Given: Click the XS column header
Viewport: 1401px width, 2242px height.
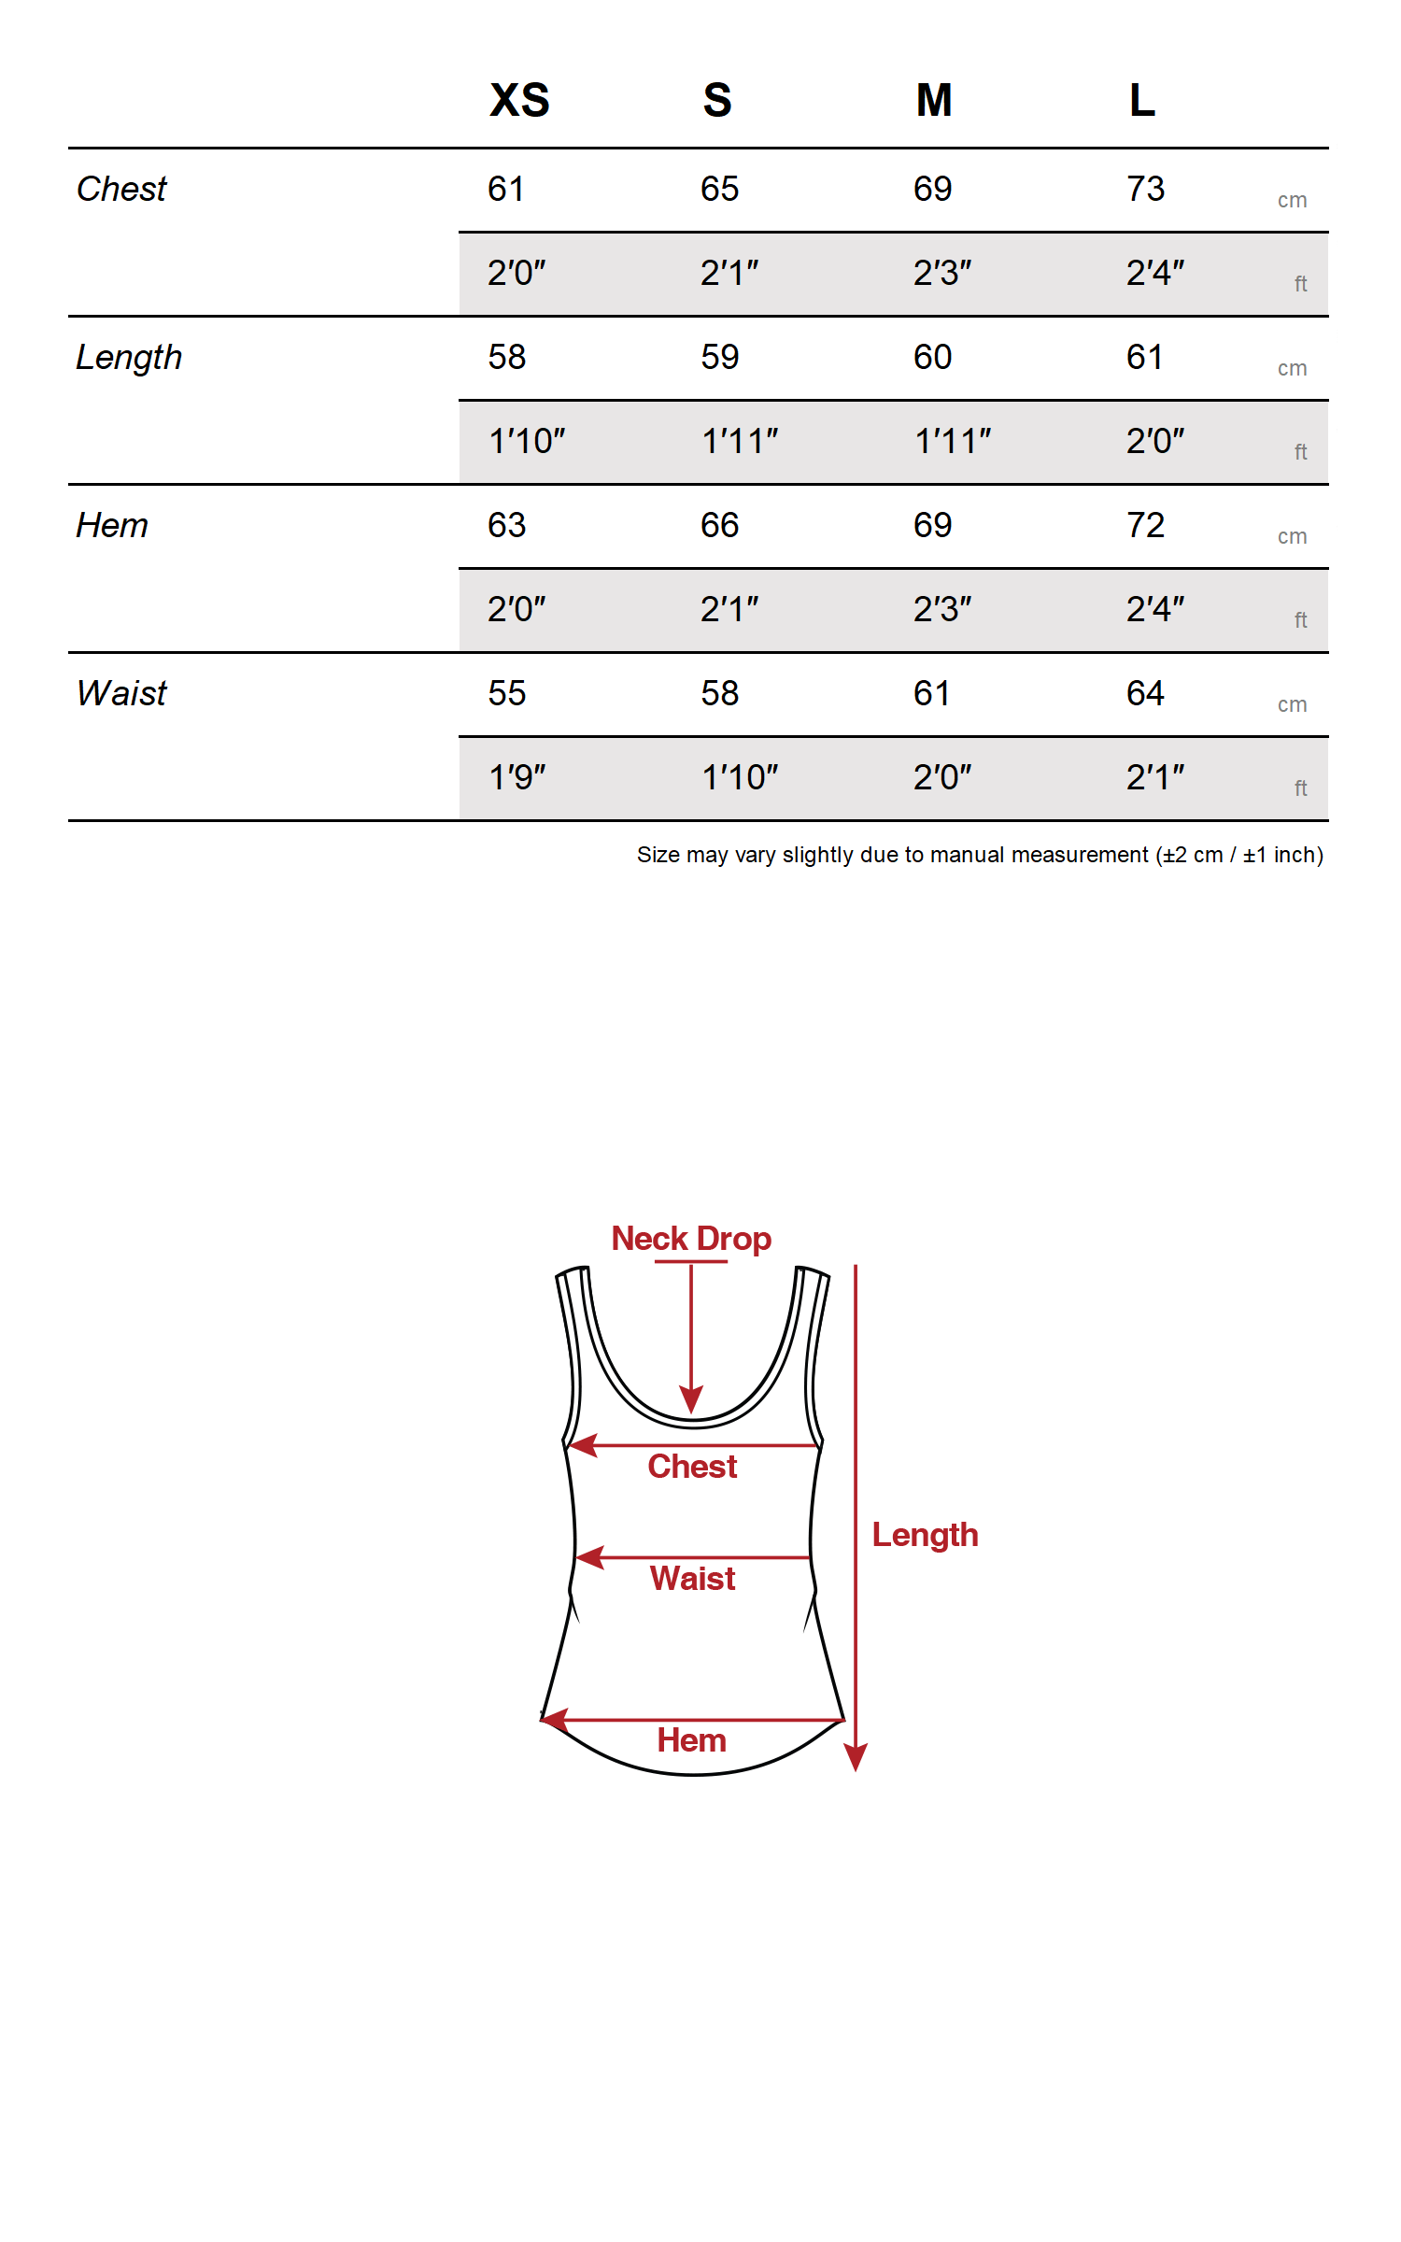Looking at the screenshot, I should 519,100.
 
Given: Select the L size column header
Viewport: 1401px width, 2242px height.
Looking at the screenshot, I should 1141,100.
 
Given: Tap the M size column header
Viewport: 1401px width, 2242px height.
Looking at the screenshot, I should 933,100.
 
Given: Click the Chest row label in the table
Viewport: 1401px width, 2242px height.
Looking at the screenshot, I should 121,189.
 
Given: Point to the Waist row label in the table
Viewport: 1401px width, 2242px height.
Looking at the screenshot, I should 121,693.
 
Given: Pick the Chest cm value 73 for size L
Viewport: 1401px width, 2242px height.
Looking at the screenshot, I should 1145,189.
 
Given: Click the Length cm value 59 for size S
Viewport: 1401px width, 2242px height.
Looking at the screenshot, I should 719,357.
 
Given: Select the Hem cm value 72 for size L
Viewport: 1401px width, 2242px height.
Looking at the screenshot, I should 1145,525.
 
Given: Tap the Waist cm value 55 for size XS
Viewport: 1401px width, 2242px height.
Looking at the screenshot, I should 506,693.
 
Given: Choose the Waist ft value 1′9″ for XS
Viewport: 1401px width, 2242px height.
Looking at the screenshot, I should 517,777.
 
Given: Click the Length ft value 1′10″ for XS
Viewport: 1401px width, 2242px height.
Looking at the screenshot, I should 527,441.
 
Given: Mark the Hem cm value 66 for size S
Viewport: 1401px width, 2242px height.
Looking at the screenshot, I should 719,525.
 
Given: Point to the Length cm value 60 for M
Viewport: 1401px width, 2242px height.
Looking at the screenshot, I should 932,357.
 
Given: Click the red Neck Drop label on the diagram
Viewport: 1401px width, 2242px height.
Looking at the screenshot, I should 691,1239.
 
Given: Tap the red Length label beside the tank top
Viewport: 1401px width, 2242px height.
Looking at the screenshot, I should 925,1535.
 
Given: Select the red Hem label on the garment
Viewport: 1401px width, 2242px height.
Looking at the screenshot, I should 691,1740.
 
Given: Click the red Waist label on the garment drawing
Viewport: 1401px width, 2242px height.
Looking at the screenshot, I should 692,1579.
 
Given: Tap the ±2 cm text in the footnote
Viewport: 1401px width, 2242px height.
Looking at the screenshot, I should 1193,855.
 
